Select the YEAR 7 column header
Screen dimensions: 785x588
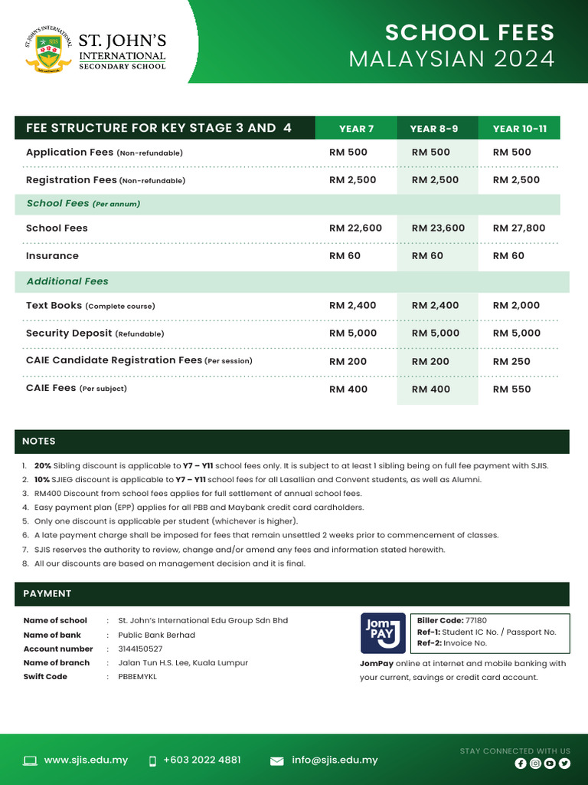(356, 129)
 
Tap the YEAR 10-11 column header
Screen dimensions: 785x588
(519, 129)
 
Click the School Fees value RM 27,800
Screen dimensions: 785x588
(518, 228)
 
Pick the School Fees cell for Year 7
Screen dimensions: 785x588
(355, 228)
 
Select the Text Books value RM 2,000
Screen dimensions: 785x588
(516, 305)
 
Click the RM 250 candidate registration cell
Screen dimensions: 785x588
(511, 361)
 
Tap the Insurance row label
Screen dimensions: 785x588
(52, 255)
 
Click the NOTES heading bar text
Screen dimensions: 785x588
(38, 442)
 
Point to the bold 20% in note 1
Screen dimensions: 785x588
(43, 466)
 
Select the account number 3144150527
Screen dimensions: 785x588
(140, 649)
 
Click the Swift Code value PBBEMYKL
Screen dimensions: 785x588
(137, 677)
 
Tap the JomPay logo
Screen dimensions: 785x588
(383, 632)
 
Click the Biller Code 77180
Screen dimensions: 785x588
(475, 620)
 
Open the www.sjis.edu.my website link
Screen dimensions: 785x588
(86, 760)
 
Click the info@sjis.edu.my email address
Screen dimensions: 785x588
(335, 760)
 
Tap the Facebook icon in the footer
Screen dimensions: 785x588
(521, 764)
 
